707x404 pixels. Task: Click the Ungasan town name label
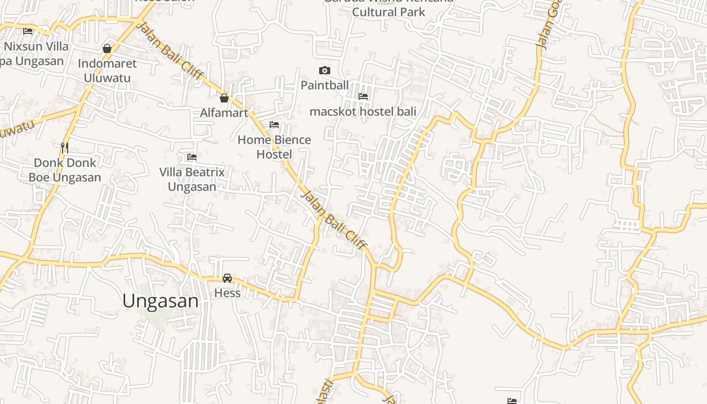click(x=161, y=301)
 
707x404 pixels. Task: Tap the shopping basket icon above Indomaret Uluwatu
click(x=107, y=48)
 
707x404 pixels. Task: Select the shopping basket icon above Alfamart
click(x=224, y=98)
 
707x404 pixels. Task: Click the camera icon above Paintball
click(x=325, y=70)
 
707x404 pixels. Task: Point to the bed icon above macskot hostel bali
click(x=363, y=96)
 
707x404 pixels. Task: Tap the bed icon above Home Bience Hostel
click(x=274, y=124)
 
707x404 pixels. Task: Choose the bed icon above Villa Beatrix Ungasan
click(x=192, y=157)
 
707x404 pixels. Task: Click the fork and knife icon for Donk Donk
click(x=65, y=148)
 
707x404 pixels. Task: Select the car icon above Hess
click(x=227, y=278)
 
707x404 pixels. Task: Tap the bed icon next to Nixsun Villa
click(x=28, y=31)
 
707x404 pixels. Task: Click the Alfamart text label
click(x=224, y=113)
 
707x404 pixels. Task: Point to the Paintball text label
click(x=325, y=85)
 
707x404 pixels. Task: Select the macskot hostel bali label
click(x=363, y=111)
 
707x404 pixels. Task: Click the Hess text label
click(x=227, y=293)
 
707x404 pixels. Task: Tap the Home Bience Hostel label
click(x=274, y=146)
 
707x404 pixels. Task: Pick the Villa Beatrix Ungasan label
click(x=192, y=179)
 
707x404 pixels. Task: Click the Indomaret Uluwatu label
click(x=107, y=71)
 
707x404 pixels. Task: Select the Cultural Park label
click(x=388, y=12)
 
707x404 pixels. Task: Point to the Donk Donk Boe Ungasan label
click(x=65, y=170)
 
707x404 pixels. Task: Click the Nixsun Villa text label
click(x=36, y=46)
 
